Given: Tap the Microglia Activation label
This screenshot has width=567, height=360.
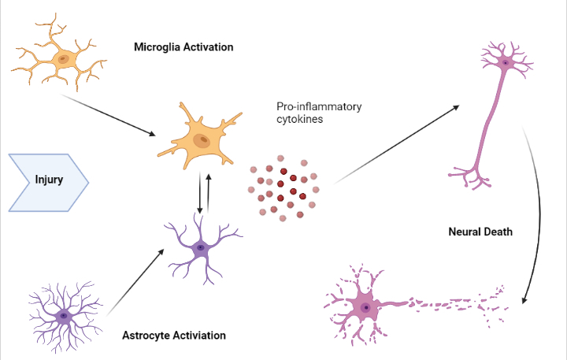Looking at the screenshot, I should (x=184, y=47).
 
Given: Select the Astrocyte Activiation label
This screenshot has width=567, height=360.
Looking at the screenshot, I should (x=174, y=335).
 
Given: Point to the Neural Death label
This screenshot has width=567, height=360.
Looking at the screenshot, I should (x=480, y=232).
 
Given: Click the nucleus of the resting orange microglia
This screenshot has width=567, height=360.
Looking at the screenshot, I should (x=62, y=58).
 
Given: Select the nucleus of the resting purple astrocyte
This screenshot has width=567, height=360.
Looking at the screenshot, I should (x=63, y=316).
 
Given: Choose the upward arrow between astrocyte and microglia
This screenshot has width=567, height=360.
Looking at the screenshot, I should (x=209, y=191).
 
